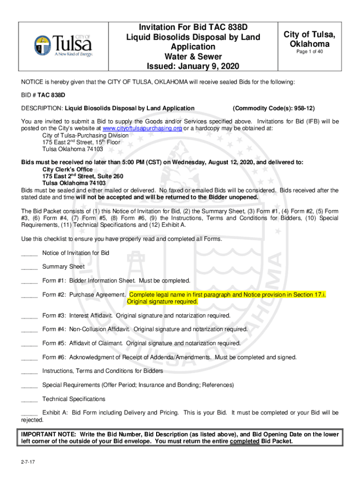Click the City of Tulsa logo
63,46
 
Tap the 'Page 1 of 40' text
310,51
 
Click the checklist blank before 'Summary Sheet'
29,267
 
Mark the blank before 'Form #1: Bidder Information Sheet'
29,281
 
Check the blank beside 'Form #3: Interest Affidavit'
29,316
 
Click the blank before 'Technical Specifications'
29,399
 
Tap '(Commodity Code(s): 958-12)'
270,109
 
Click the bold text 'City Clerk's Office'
67,169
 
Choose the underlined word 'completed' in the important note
245,442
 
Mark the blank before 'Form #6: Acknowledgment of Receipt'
29,357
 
